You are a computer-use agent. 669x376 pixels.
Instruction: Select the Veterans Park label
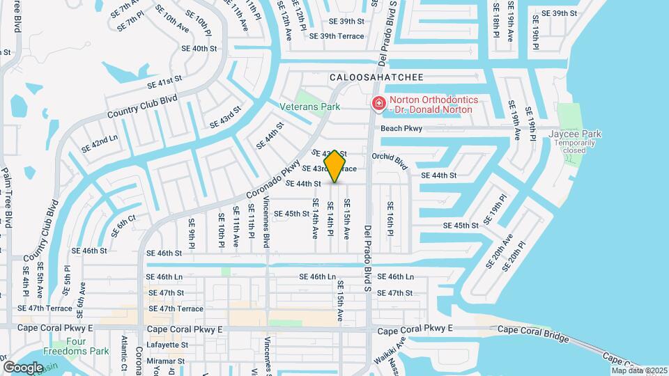tap(309, 107)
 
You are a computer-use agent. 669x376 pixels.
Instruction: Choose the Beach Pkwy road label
tap(401, 128)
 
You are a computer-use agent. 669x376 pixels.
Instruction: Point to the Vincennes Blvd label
tap(266, 221)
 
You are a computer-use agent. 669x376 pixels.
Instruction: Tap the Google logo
tap(23, 367)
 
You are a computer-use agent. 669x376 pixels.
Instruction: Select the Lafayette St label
tap(165, 345)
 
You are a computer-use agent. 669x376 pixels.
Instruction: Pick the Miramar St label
tap(165, 361)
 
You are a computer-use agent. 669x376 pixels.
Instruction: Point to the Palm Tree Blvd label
tap(7, 198)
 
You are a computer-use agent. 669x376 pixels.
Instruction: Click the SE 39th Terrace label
tap(337, 36)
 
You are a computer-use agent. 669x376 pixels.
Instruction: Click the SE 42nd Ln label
tap(99, 143)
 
